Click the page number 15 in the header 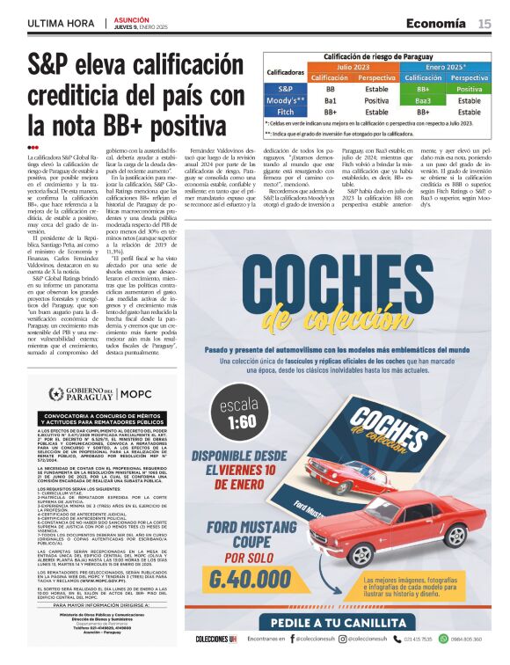(x=484, y=24)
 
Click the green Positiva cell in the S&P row (x=469, y=89)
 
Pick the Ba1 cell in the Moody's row (x=330, y=100)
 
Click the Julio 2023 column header (x=353, y=66)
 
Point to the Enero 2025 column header (x=446, y=66)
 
